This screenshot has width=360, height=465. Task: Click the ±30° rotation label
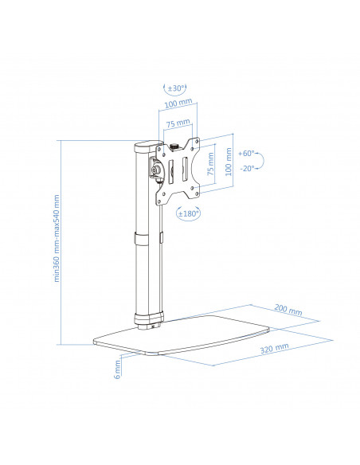click(x=177, y=88)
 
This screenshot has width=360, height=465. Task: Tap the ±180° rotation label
click(x=188, y=213)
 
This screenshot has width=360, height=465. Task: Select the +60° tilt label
click(x=246, y=154)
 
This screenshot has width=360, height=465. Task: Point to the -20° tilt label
click(x=247, y=169)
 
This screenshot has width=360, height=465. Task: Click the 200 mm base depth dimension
click(x=288, y=310)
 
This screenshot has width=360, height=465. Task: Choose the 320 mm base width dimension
click(x=274, y=349)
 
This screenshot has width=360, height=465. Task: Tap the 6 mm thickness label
click(x=117, y=369)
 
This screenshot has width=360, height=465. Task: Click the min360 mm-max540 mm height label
click(x=57, y=238)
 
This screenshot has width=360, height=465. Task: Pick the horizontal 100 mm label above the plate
click(x=178, y=104)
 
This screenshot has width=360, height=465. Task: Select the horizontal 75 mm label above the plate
click(x=178, y=123)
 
